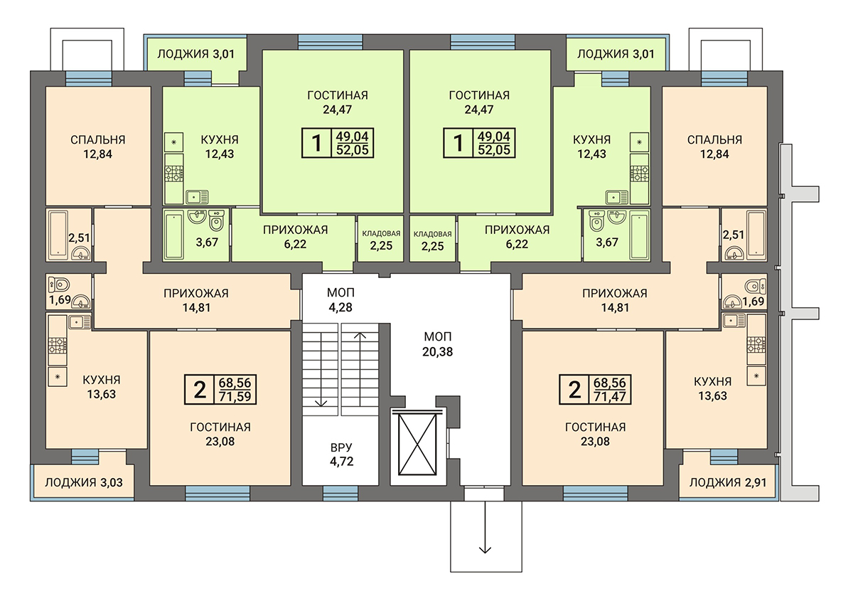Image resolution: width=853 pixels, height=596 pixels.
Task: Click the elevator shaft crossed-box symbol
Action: click(x=417, y=445)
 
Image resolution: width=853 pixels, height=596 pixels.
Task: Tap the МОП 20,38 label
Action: click(x=438, y=344)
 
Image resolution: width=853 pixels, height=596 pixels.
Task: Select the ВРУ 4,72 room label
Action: click(x=342, y=454)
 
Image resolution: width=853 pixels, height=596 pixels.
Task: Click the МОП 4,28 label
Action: click(x=340, y=300)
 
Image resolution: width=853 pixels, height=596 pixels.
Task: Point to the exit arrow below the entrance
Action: click(x=485, y=528)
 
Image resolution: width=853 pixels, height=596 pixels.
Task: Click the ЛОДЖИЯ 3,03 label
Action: click(x=84, y=482)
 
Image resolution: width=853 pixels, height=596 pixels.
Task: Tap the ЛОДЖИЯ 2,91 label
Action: click(x=728, y=482)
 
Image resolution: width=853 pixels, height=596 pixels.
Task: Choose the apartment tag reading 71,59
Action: click(x=235, y=397)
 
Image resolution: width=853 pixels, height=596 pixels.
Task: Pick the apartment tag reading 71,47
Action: click(x=610, y=397)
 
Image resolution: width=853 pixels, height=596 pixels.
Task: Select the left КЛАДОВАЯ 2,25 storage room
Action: click(x=381, y=239)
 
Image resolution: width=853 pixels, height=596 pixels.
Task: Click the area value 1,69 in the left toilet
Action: click(x=60, y=300)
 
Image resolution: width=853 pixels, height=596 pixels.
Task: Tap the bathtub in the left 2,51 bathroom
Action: click(x=58, y=234)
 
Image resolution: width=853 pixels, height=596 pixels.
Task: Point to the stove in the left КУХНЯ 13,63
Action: click(x=58, y=346)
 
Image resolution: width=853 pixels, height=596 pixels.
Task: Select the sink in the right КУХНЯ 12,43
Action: click(x=616, y=198)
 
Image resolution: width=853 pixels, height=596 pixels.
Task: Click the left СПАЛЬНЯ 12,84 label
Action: click(x=98, y=147)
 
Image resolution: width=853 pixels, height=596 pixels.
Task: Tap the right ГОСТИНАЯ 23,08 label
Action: click(x=595, y=434)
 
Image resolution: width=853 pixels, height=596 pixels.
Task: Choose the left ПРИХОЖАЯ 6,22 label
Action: click(x=295, y=237)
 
